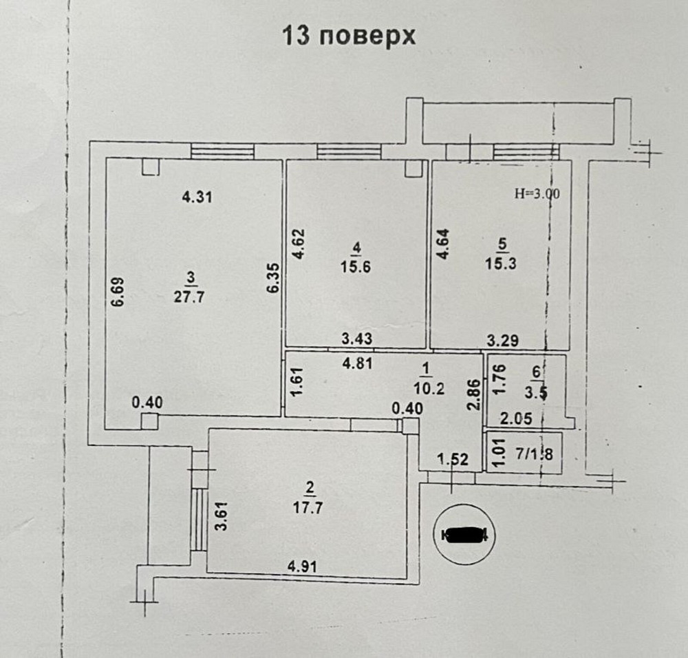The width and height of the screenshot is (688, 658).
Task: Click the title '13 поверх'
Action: (350, 36)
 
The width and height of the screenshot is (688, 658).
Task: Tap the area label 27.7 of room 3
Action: (191, 297)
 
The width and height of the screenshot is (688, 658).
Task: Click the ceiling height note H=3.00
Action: (537, 194)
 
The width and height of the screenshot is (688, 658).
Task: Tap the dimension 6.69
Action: (118, 292)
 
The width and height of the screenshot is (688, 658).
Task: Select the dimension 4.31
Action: (197, 197)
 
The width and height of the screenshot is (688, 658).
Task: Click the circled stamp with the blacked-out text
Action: (465, 534)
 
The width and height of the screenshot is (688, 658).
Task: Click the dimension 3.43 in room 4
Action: (357, 338)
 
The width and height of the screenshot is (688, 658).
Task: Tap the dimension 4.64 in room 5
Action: (444, 244)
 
